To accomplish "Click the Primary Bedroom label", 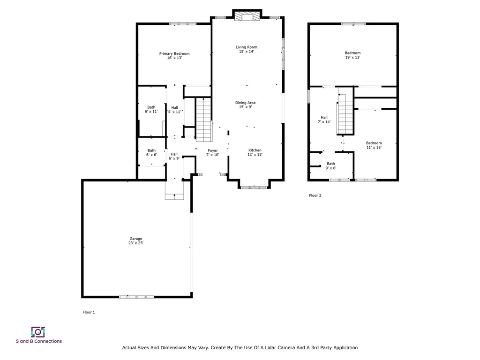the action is (x=174, y=56).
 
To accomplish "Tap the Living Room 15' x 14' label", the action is (x=247, y=49).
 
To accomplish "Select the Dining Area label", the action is (x=245, y=105).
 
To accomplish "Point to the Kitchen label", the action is (x=255, y=152).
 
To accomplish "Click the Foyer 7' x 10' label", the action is (x=212, y=152).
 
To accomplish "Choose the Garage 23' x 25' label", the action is (x=135, y=240).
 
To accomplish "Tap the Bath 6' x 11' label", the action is (x=151, y=109).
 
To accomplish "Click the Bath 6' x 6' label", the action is (x=151, y=152).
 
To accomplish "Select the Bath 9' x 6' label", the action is (x=330, y=165).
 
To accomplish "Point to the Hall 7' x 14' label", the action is (x=324, y=120).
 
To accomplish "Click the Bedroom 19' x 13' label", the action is (x=352, y=55).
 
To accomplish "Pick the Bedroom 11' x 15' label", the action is (x=374, y=145).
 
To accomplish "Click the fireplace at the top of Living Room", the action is (x=247, y=16).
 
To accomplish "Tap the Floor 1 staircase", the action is (x=203, y=120).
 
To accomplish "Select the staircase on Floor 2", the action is (x=345, y=114).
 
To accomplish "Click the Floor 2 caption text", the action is (x=315, y=195).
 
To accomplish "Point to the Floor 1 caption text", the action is (x=89, y=312).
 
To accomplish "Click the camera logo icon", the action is (x=38, y=332).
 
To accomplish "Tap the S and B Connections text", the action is (x=39, y=341).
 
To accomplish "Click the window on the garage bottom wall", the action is (x=136, y=297).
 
